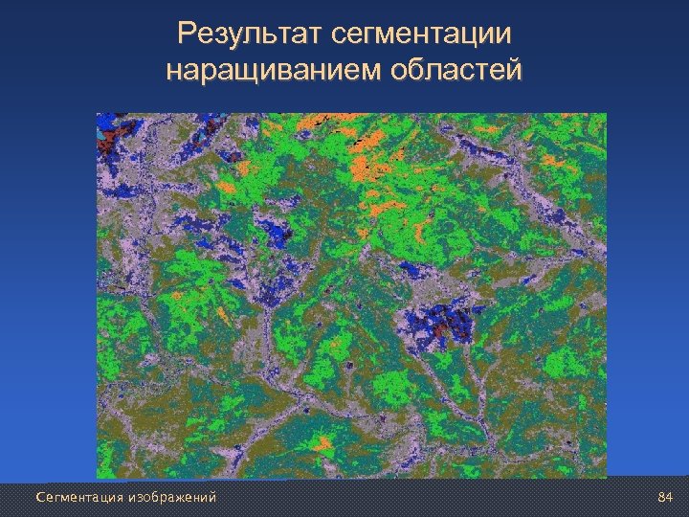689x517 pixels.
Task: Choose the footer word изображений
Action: pyautogui.click(x=173, y=497)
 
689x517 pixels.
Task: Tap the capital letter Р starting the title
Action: pyautogui.click(x=188, y=35)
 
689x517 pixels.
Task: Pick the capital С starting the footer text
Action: pyautogui.click(x=39, y=497)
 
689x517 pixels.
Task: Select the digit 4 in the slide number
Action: pyautogui.click(x=671, y=497)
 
